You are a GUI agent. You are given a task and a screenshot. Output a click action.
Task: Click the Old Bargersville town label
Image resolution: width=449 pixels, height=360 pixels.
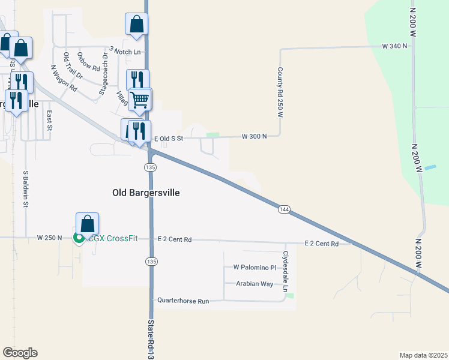click(146, 193)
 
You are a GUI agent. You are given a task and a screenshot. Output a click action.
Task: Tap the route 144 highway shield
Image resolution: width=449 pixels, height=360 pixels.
click(284, 209)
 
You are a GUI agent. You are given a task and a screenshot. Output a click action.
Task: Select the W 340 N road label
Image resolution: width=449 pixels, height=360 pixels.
click(394, 46)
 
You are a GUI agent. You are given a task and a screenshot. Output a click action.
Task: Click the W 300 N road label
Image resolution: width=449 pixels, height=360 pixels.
click(254, 136)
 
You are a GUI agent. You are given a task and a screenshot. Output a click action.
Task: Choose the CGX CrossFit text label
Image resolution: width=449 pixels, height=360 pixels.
click(113, 238)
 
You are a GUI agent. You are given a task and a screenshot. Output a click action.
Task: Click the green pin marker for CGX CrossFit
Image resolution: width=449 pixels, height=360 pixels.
click(79, 239)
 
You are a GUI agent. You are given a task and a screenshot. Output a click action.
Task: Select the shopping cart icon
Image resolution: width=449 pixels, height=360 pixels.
click(140, 99)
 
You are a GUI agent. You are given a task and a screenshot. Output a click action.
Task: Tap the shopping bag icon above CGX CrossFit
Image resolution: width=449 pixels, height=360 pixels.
click(87, 224)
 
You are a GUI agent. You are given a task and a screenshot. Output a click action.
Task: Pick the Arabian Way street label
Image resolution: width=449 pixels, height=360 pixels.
click(255, 284)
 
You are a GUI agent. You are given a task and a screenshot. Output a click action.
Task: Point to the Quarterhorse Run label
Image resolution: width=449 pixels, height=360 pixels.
click(183, 300)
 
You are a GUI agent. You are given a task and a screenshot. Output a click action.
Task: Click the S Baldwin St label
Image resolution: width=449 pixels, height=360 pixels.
click(26, 188)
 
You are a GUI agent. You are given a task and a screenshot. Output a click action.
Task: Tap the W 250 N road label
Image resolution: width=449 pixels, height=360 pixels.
click(49, 238)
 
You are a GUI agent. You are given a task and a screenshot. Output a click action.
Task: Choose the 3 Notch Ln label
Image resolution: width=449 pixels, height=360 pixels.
click(125, 51)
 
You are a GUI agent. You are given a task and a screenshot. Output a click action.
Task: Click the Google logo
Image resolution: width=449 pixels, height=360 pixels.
click(20, 353)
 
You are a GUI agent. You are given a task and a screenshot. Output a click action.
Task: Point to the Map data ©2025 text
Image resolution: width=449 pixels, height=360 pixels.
click(423, 355)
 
